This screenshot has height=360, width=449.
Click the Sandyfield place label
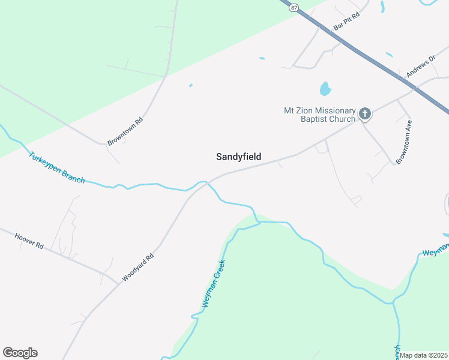[x=238, y=157]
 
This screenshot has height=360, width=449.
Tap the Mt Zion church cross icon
[x=364, y=113]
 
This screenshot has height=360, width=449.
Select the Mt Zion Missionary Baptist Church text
[x=319, y=115]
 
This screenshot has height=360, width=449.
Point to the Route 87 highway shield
[x=292, y=7]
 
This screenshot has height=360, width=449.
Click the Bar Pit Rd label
[x=346, y=22]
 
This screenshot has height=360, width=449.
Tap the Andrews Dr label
[x=420, y=67]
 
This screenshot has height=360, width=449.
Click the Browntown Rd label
[x=125, y=131]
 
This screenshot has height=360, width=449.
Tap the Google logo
[x=20, y=353]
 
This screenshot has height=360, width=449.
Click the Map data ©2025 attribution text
[x=424, y=355]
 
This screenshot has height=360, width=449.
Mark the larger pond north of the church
[x=325, y=89]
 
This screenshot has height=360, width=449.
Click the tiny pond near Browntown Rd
[x=191, y=85]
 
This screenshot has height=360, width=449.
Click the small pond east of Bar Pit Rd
[x=382, y=7]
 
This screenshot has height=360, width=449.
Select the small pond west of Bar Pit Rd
[x=262, y=58]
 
